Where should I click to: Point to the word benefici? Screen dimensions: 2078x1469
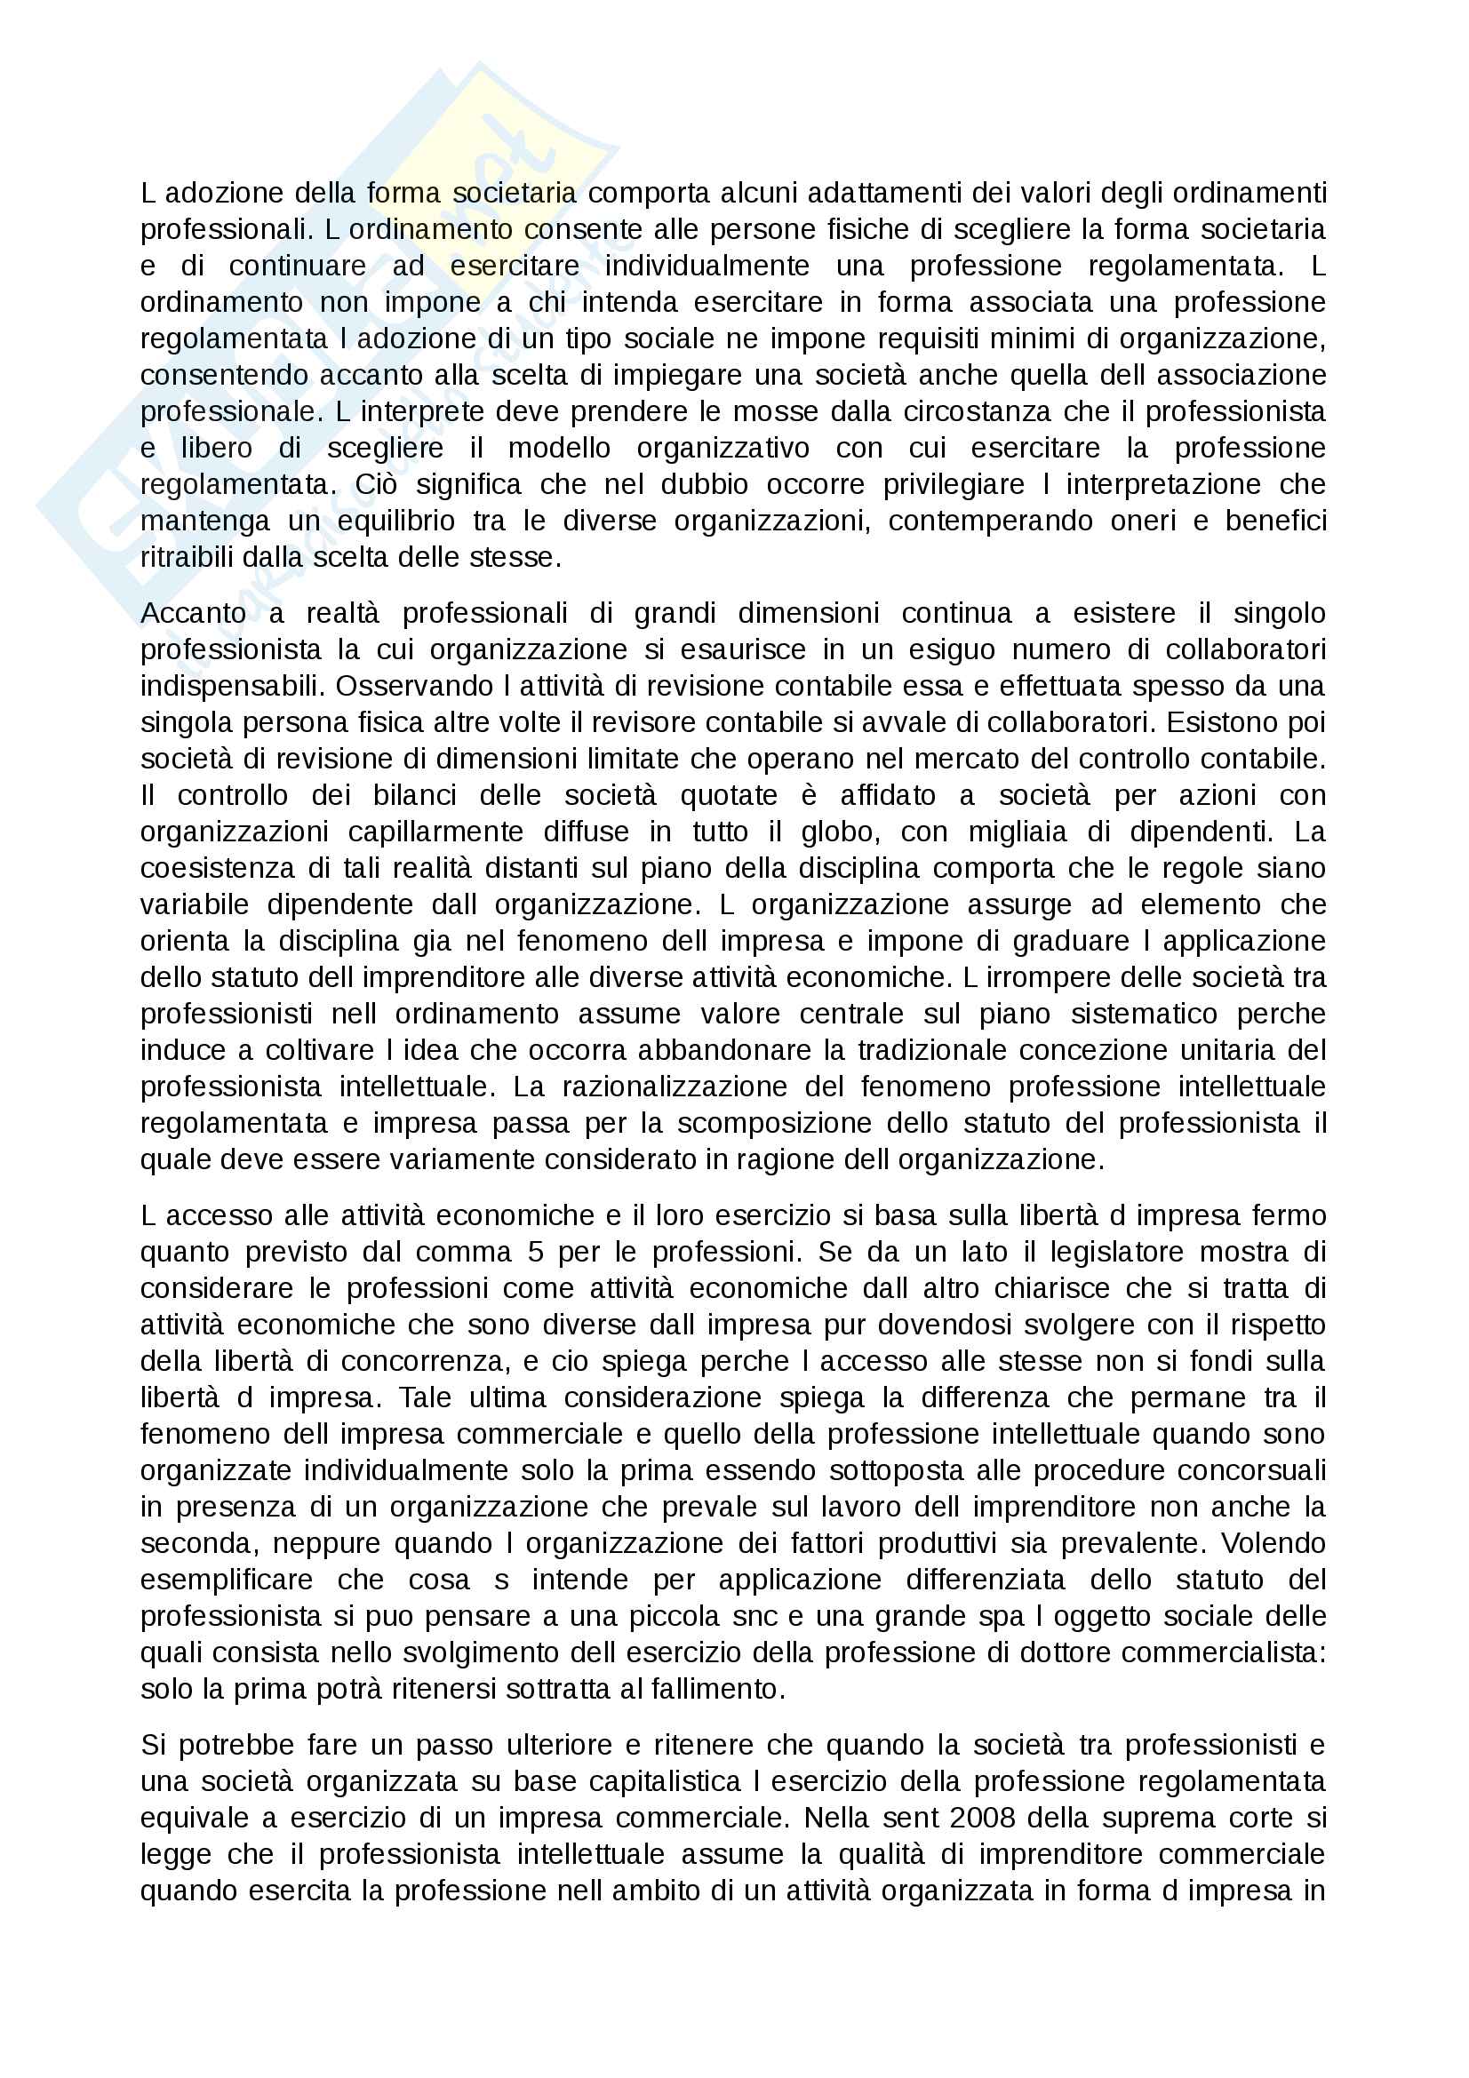1276,521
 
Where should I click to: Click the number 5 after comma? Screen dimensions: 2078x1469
535,1252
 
